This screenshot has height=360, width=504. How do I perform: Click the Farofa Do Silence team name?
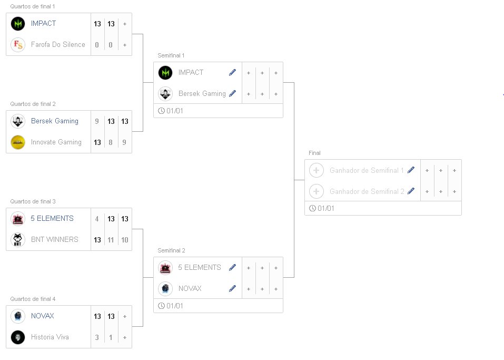coord(58,45)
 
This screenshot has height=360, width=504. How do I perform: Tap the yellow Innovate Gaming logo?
coord(18,142)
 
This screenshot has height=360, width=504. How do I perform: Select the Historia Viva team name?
coord(50,337)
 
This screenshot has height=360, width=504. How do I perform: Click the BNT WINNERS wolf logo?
coord(18,240)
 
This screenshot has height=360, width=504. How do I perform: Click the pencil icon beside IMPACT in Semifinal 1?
coord(233,73)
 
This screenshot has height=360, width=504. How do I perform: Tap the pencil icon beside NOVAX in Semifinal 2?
coord(233,289)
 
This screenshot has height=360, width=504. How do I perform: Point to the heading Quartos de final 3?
coord(33,201)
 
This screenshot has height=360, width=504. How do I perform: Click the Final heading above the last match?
coord(314,153)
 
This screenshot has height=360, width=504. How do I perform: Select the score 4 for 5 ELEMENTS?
coord(97,219)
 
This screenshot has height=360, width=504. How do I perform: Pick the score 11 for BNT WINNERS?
coord(111,240)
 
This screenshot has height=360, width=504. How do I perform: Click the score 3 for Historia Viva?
coord(97,337)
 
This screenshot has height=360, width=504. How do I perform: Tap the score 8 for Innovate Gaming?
coord(111,142)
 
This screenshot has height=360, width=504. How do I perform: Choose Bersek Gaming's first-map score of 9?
coord(97,121)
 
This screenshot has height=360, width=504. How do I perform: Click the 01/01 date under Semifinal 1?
coord(174,111)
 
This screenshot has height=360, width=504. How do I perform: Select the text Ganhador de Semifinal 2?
coord(367,191)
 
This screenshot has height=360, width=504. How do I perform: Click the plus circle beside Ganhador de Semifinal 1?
coord(317,170)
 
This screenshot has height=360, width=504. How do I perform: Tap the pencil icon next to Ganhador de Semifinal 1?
coord(411,170)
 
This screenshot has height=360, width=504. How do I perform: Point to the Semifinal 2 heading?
coord(171,250)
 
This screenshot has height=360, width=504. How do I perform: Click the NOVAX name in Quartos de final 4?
coord(42,316)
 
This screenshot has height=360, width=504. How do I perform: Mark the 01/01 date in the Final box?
coord(325,209)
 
